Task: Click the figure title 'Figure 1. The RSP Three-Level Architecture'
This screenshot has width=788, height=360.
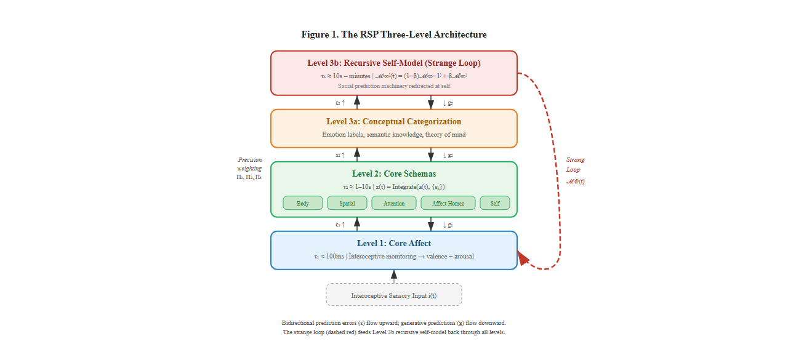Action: pyautogui.click(x=394, y=34)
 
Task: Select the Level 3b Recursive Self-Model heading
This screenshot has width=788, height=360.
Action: pyautogui.click(x=394, y=63)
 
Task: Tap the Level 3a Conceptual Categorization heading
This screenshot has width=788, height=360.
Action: pyautogui.click(x=394, y=121)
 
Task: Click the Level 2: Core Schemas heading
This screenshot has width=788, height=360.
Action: pyautogui.click(x=394, y=174)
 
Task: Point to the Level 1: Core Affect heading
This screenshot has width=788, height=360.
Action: pyautogui.click(x=394, y=243)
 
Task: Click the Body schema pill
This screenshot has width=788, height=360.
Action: pyautogui.click(x=303, y=203)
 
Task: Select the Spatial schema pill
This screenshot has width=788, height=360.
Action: pyautogui.click(x=347, y=203)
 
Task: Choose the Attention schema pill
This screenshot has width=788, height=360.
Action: pyautogui.click(x=394, y=203)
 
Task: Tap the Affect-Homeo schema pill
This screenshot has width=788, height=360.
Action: pyautogui.click(x=448, y=203)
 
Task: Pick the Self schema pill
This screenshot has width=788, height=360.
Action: pyautogui.click(x=495, y=203)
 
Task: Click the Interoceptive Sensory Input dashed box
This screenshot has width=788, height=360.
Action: pyautogui.click(x=394, y=295)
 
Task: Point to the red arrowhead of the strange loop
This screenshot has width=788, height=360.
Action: pyautogui.click(x=524, y=258)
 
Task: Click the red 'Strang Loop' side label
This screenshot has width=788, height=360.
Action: pyautogui.click(x=575, y=164)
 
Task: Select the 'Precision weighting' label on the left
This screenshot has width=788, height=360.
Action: pyautogui.click(x=249, y=164)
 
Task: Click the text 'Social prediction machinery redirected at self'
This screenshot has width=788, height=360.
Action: pyautogui.click(x=394, y=86)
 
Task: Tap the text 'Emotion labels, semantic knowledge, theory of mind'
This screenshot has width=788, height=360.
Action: pyautogui.click(x=394, y=134)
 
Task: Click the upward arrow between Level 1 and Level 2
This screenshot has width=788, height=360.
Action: pyautogui.click(x=357, y=224)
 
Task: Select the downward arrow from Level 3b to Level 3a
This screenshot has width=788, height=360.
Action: pyautogui.click(x=431, y=102)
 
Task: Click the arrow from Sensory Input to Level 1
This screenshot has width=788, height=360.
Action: pyautogui.click(x=394, y=276)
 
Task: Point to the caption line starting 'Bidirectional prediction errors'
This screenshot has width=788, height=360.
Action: pyautogui.click(x=394, y=322)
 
